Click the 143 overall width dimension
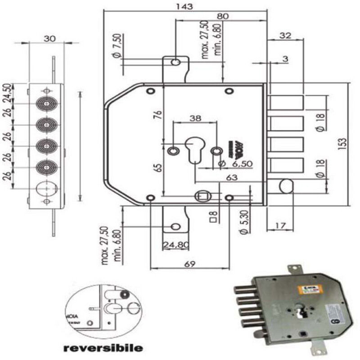184,6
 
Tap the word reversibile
103,347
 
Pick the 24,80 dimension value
175,245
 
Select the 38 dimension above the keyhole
195,118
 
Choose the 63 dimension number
232,178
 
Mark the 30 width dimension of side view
49,38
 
